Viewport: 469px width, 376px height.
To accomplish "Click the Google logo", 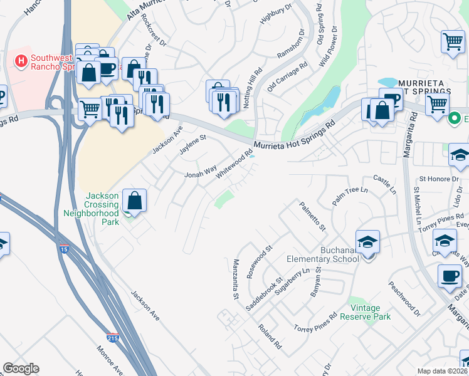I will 21,368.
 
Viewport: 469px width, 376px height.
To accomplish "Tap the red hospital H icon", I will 21,61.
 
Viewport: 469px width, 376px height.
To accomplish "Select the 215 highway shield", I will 113,337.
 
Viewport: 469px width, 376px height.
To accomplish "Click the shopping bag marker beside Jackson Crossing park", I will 134,201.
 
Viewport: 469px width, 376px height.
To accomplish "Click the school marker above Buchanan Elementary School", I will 367,241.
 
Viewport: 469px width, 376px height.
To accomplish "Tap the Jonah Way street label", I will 199,170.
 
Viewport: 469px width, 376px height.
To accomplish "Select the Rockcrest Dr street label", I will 154,31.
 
